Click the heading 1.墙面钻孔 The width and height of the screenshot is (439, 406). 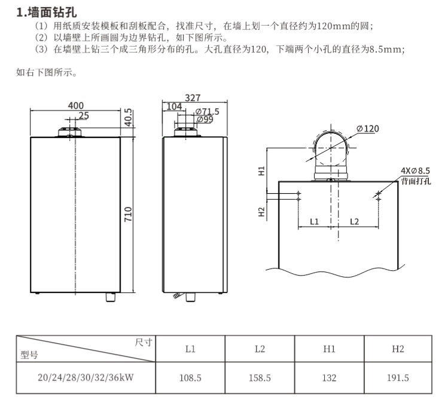(47, 13)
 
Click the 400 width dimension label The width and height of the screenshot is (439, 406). (75, 105)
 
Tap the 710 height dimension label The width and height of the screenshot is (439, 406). (128, 214)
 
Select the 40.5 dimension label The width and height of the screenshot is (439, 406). (128, 118)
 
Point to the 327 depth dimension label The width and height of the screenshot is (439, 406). (193, 97)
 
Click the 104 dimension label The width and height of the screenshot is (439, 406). (174, 106)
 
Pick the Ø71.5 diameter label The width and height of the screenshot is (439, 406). (207, 112)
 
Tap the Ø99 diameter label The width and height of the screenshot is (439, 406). (205, 120)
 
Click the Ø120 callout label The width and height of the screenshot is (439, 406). (368, 129)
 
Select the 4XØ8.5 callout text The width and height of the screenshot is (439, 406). (415, 170)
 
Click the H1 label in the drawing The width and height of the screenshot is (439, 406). (261, 170)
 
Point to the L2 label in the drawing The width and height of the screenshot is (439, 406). (354, 222)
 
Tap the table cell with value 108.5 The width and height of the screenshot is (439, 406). (190, 378)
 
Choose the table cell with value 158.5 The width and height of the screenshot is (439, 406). (260, 378)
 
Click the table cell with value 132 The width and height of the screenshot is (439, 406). (329, 378)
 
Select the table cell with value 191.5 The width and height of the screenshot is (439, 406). (398, 378)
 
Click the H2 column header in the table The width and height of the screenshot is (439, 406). (398, 349)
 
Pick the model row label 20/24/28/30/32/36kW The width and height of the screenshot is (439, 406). (86, 377)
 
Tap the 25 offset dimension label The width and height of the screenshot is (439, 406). (83, 115)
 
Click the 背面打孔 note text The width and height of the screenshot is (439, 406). (416, 181)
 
